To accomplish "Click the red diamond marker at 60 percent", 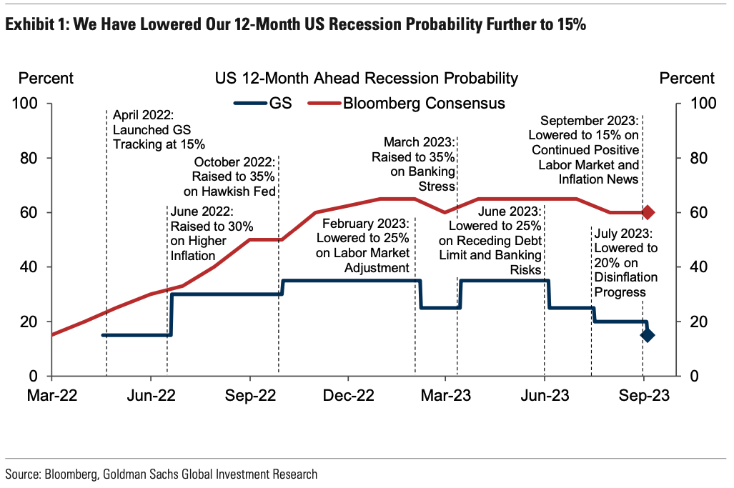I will (x=648, y=212).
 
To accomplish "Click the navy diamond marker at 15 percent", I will (x=648, y=334).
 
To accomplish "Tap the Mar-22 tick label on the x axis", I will (x=52, y=397).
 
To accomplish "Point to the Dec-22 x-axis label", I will (x=347, y=397).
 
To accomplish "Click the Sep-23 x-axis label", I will (x=643, y=397).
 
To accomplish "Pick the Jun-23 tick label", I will (x=545, y=397).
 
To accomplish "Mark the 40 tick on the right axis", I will (x=703, y=267).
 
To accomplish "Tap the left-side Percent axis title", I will (x=46, y=79).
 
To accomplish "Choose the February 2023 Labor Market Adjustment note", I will (x=364, y=245).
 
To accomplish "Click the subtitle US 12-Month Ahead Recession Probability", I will (x=366, y=79).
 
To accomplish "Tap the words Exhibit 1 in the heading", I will (x=36, y=25).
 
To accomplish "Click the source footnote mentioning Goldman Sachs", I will (x=161, y=474).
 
